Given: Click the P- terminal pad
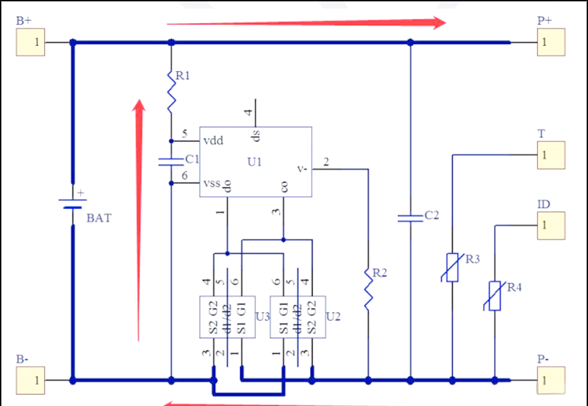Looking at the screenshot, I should (551, 380).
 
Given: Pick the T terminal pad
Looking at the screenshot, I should (551, 155).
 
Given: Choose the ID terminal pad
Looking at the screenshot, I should (551, 226).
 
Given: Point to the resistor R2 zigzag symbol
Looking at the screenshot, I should (369, 289).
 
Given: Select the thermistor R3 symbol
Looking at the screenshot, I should (452, 267).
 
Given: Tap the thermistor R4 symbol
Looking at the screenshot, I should (495, 296).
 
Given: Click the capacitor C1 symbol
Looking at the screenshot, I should (171, 161).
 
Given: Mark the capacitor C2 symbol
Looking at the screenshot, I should (410, 217).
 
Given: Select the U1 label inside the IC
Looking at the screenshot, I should (255, 162).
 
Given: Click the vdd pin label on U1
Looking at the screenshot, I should (213, 141).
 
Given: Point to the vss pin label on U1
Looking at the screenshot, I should (212, 184).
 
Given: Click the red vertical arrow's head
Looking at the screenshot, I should (139, 108).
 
